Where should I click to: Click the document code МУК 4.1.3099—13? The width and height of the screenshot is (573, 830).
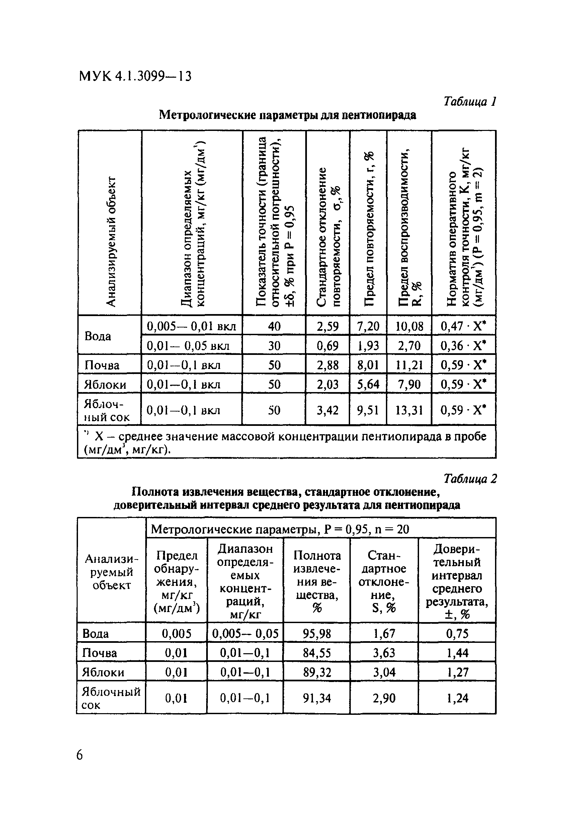tap(135, 76)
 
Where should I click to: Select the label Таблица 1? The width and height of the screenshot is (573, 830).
tap(470, 101)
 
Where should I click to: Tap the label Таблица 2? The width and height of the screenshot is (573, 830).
tap(470, 478)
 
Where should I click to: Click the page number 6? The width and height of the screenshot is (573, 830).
tap(79, 755)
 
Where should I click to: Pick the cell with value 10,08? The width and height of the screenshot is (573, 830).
tap(409, 326)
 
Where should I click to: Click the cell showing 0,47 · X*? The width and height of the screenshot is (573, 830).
tap(463, 326)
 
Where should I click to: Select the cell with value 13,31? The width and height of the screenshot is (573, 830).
tap(409, 410)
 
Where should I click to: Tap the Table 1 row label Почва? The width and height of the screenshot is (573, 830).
tap(102, 365)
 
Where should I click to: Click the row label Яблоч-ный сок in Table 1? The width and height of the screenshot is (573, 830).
tap(107, 410)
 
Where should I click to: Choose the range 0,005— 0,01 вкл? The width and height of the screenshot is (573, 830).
tap(191, 326)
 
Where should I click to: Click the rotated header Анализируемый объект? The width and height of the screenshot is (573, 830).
tap(111, 241)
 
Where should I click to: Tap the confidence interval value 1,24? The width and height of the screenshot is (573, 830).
tap(457, 698)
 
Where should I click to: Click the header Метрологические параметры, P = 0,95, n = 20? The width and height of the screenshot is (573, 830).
tap(280, 529)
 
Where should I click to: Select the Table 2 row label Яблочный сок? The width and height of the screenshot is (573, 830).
tap(110, 698)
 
